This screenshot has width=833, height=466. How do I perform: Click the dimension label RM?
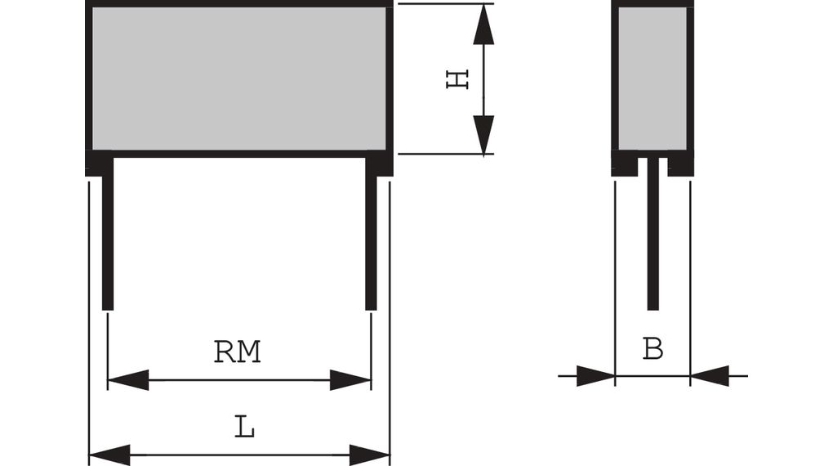237,352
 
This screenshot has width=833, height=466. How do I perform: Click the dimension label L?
244,427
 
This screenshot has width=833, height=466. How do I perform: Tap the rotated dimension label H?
457,79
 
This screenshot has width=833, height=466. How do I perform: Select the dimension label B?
653,349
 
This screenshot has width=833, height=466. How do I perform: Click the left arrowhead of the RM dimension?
127,379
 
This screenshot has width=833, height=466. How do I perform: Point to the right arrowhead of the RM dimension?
350,379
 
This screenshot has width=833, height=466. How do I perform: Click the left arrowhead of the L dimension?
109,455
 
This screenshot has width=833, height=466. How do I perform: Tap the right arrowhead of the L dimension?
370,455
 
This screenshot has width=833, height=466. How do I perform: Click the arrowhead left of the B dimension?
595,376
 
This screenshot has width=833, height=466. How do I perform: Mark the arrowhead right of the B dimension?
710,376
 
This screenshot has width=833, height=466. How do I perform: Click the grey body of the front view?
239,78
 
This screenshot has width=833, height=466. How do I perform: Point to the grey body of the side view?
653,78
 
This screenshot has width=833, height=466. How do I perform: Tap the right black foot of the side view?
680,166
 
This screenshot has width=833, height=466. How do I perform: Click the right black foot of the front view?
379,164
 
